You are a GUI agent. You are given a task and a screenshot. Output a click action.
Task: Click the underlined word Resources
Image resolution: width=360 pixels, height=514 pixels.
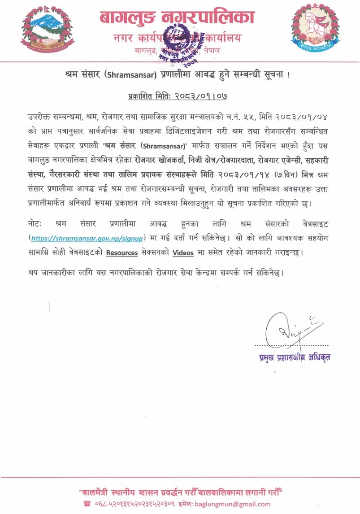pyautogui.click(x=122, y=253)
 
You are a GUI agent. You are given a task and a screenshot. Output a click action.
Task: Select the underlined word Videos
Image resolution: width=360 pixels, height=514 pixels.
pyautogui.click(x=183, y=253)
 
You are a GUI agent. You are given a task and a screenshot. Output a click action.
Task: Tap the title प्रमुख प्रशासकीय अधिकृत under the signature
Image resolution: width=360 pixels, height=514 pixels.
pyautogui.click(x=295, y=358)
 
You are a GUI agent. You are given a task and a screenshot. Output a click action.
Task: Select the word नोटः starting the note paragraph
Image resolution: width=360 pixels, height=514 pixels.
pyautogui.click(x=34, y=223)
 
